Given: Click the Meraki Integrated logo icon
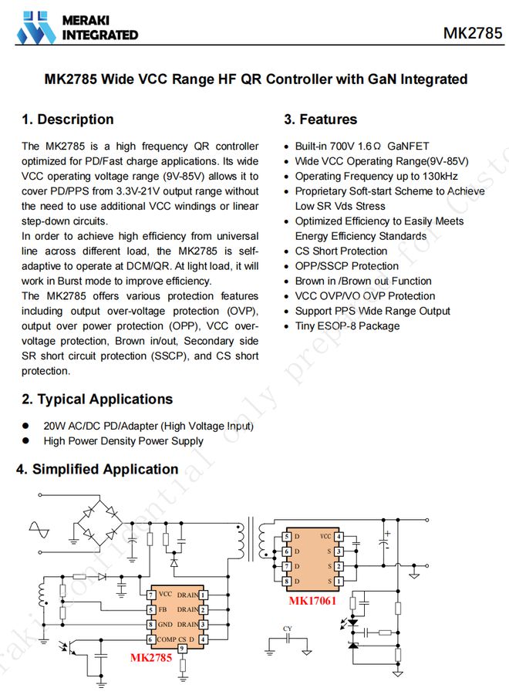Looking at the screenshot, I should [37, 26].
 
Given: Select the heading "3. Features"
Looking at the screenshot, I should [320, 120].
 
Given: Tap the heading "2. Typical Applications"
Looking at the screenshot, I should [97, 400].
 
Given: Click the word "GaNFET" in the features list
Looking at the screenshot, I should [408, 147].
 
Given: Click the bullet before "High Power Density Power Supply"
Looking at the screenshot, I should [25, 441].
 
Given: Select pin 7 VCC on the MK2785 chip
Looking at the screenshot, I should [151, 595].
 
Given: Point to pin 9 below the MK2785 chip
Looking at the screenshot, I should [182, 649].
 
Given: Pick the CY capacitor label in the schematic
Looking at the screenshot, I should [287, 629].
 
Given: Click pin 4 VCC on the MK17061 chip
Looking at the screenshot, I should [338, 536].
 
